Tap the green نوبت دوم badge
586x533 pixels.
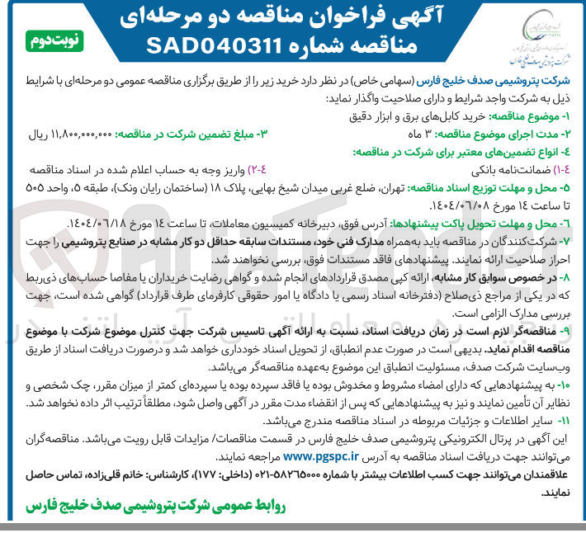[x=58, y=40]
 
